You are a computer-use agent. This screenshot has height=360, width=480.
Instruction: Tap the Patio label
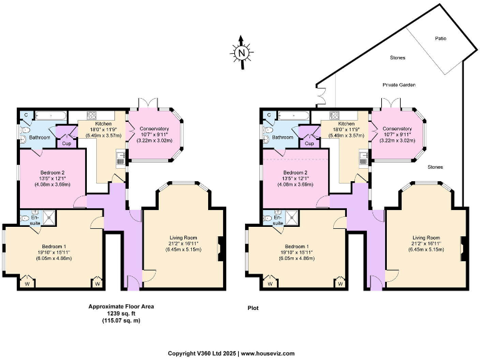(441, 38)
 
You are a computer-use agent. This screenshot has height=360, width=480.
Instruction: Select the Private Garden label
(399, 84)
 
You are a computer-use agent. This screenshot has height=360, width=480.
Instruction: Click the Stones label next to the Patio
(397, 57)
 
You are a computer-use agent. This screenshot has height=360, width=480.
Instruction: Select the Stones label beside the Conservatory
(435, 167)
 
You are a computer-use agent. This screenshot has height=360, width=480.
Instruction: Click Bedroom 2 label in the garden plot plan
(296, 172)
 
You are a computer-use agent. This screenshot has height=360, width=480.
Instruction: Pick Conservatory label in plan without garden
(154, 128)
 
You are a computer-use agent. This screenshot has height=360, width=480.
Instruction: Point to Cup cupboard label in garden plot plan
(308, 143)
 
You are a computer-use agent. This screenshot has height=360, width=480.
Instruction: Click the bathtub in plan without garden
(46, 115)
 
